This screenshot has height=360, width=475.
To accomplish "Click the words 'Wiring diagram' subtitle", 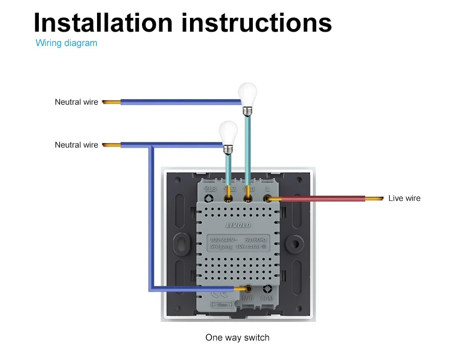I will [x=66, y=43].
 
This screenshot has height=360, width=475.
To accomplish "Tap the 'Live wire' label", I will [x=404, y=198].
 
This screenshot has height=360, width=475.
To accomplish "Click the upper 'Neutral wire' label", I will [x=76, y=102].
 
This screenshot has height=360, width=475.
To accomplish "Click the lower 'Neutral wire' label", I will [x=76, y=145].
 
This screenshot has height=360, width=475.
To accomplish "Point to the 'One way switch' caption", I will [x=237, y=338].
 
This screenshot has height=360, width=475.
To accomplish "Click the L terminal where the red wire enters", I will [x=267, y=198].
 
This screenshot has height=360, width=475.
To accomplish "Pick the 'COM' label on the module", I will [x=267, y=298].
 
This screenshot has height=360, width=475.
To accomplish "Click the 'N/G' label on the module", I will [x=248, y=298].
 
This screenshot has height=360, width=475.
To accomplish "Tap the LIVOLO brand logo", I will [x=239, y=225].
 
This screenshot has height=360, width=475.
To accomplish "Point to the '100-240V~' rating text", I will [x=224, y=239].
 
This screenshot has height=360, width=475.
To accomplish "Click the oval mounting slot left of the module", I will [x=181, y=242].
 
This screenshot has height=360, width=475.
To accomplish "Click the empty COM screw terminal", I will [x=267, y=289].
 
